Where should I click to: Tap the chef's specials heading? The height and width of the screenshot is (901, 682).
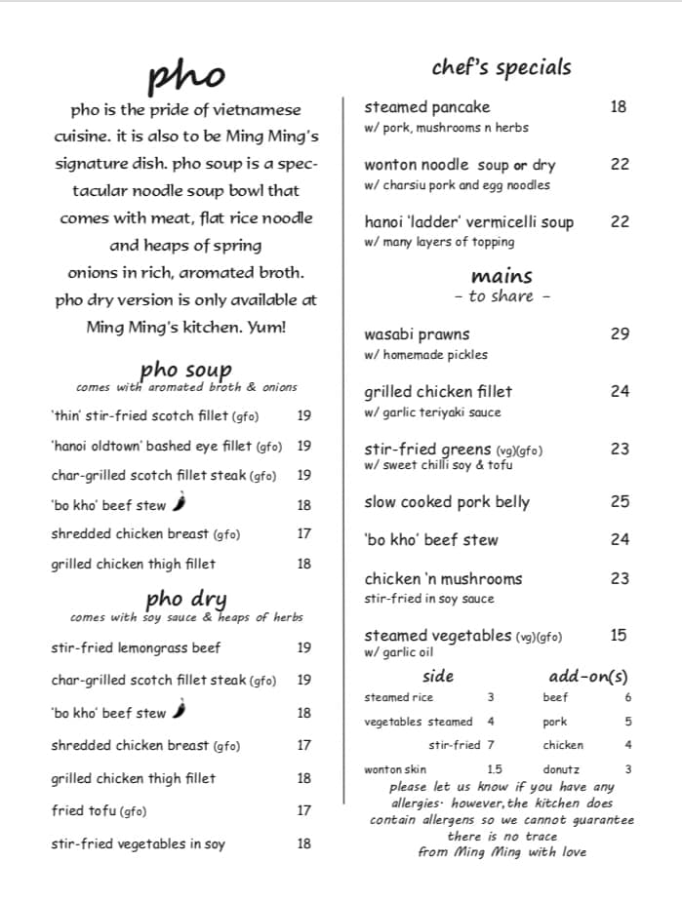(501, 67)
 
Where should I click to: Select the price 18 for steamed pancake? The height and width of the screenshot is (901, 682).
(619, 107)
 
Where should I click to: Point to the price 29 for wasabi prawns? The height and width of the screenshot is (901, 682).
(620, 333)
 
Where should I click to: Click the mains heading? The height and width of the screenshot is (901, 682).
(501, 276)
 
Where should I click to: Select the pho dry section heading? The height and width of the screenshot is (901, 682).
(185, 598)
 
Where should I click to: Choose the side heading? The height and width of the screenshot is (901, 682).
(438, 676)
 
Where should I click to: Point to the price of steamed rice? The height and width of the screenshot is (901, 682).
(491, 697)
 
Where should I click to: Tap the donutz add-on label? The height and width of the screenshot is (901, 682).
(561, 769)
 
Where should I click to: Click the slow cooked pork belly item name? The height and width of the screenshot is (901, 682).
(447, 502)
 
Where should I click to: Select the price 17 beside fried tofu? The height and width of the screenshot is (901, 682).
(304, 810)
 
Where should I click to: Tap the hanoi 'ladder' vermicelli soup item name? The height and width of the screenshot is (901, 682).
(468, 222)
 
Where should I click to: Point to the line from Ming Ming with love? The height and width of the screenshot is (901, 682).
(501, 851)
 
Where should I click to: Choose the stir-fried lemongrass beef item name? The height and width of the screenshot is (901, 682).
(136, 647)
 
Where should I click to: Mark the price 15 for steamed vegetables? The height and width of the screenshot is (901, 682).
(619, 635)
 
